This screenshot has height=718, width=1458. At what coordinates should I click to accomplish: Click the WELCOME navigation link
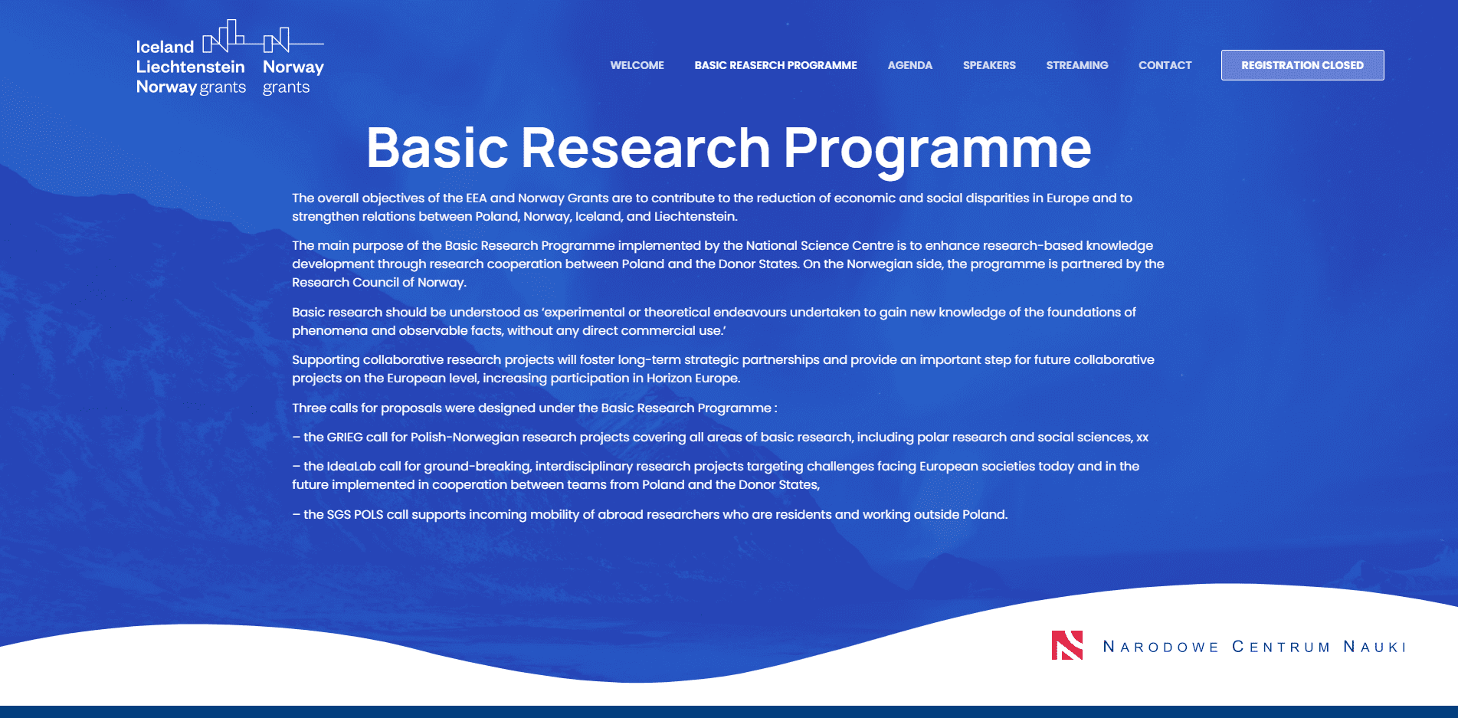637,65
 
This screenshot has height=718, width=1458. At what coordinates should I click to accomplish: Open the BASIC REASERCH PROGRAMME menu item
775,65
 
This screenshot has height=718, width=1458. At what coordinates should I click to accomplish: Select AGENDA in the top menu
909,65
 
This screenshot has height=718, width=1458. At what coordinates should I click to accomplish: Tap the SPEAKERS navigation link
989,65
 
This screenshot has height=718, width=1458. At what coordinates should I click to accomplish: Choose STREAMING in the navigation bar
1076,65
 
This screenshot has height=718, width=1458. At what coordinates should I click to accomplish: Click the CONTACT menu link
1165,65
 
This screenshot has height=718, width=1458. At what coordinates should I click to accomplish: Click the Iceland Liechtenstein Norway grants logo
192,58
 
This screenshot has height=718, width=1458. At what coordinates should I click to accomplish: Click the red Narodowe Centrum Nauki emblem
1067,645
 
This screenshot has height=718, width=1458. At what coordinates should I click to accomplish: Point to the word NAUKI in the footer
1375,647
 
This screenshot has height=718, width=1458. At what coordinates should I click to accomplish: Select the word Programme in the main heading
937,149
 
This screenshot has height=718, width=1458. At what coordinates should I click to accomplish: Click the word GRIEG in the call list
345,437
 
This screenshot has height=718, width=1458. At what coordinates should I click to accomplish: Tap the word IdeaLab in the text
351,466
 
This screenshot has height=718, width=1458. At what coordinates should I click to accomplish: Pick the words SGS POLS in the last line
355,514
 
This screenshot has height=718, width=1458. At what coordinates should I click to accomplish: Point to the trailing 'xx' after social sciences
1142,438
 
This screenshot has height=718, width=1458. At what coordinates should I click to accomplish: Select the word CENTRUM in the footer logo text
1281,647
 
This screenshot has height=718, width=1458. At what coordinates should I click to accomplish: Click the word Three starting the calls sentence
309,408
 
